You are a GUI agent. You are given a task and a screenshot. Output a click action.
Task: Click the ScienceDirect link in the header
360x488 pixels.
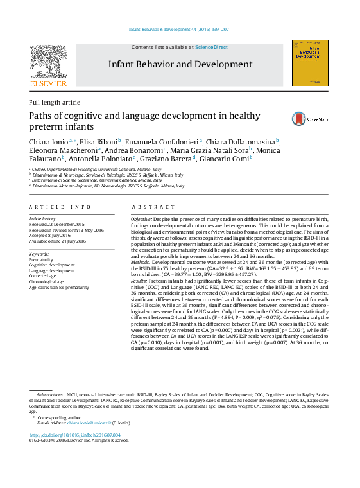point(211,47)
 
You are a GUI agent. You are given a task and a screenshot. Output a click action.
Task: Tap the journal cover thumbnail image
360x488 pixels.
point(310,64)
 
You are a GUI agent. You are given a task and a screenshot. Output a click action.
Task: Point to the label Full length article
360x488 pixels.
point(55,102)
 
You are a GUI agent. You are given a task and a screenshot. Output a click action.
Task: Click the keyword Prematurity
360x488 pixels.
point(42,259)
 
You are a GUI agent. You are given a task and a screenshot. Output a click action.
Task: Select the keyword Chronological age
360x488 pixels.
point(47,281)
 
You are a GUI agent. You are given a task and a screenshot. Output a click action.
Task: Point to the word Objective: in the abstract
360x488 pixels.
point(142,219)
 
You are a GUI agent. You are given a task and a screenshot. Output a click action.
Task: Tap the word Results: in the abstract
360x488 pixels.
point(140,281)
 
